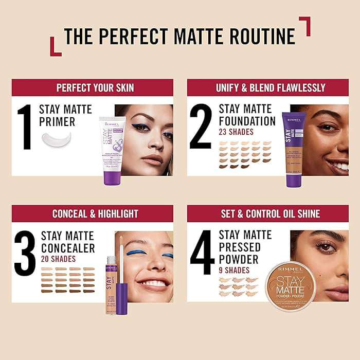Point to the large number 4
(202, 252)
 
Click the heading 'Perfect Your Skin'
(95, 88)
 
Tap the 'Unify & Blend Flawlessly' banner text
(271, 88)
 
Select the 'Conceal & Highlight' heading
(95, 214)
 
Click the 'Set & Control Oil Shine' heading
(271, 214)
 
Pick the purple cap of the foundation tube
(294, 175)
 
